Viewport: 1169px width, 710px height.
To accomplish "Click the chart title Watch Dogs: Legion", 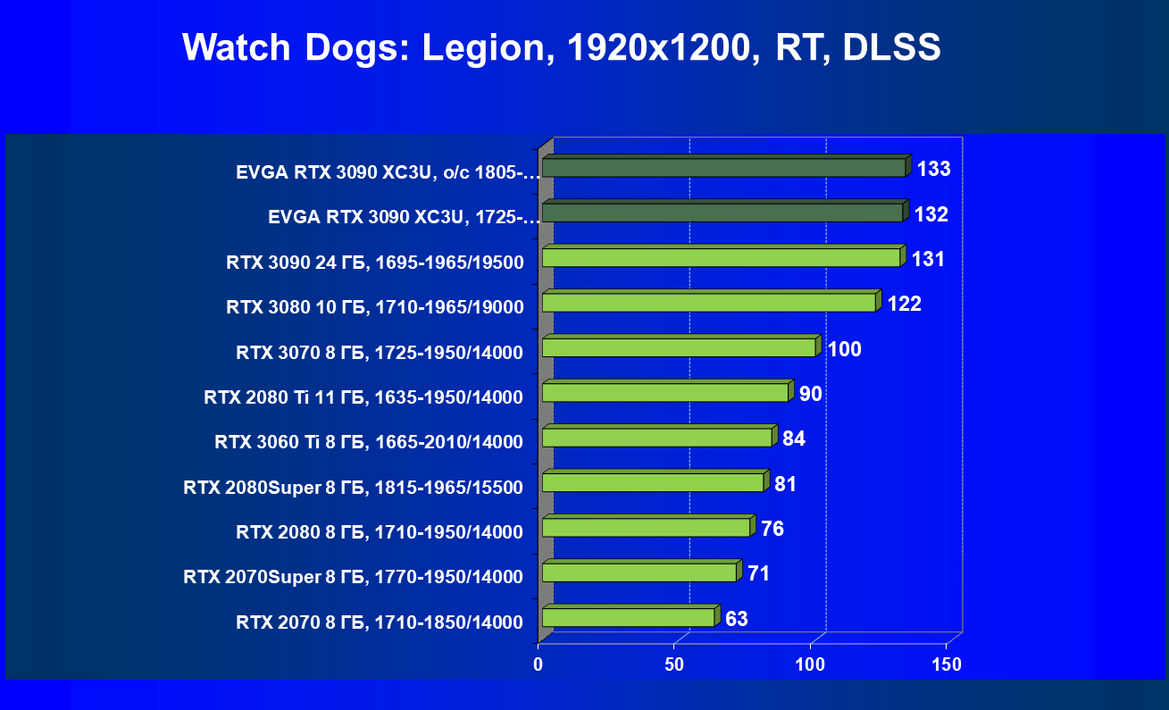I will click(x=561, y=47).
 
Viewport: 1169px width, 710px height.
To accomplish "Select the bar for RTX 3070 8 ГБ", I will click(x=679, y=347).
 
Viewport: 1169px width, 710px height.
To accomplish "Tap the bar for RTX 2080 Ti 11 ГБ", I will click(x=665, y=392).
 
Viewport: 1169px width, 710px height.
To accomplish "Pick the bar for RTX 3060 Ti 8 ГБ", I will click(x=656, y=438).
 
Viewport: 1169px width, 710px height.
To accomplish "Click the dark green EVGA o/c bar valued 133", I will click(x=724, y=167).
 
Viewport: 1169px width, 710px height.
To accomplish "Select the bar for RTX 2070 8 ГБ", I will click(x=628, y=617).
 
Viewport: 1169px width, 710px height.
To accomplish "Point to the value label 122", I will click(x=904, y=304).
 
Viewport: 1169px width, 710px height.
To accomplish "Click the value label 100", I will click(x=845, y=349).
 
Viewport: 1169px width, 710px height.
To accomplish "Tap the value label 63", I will click(x=737, y=619).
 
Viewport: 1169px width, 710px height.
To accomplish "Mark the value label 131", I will click(x=928, y=259).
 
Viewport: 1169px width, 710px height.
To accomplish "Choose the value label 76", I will click(x=772, y=529).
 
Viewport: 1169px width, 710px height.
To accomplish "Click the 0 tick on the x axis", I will click(x=539, y=664).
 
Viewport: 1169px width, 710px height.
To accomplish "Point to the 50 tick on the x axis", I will click(x=674, y=664).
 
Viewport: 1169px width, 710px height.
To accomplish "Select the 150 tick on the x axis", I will click(x=947, y=664).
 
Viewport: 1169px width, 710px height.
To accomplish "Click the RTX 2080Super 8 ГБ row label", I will click(x=353, y=487).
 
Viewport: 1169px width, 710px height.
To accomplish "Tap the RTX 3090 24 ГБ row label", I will click(x=374, y=263).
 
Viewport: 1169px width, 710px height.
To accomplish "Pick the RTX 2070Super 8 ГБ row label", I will click(x=353, y=576).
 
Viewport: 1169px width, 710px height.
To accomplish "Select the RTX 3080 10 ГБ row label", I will click(x=374, y=307).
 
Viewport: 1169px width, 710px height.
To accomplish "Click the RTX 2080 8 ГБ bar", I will click(x=646, y=527).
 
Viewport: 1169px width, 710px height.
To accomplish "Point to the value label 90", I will click(x=810, y=394).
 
